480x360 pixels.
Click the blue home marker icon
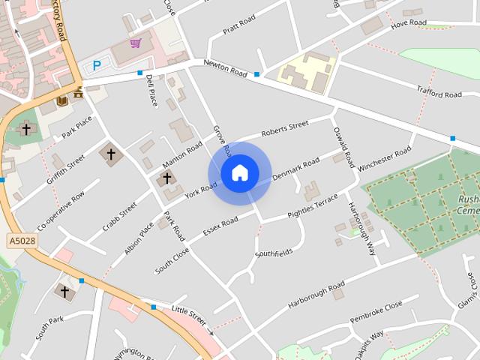pyautogui.click(x=239, y=173)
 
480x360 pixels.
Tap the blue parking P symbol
pyautogui.click(x=96, y=66)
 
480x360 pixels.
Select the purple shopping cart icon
pyautogui.click(x=135, y=43)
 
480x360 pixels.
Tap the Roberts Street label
pyautogui.click(x=284, y=127)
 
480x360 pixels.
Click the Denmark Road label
pyautogui.click(x=295, y=168)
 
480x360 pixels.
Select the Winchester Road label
pyautogui.click(x=385, y=160)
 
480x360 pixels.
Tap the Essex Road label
pyautogui.click(x=220, y=225)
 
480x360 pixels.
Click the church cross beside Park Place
pyautogui.click(x=26, y=129)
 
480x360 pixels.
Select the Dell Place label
pyautogui.click(x=151, y=90)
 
